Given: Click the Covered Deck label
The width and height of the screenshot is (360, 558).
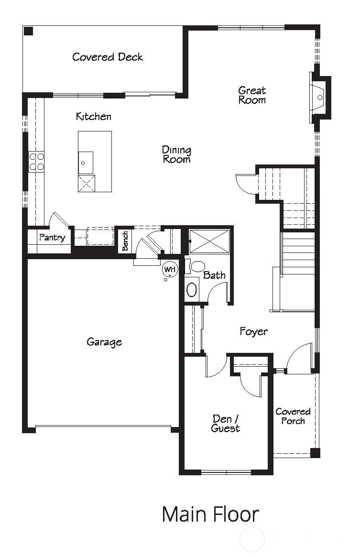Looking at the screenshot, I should click(x=108, y=57).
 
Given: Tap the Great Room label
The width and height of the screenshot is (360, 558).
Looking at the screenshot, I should click(x=252, y=95).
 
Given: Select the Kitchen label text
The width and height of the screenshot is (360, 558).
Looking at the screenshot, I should click(x=94, y=116).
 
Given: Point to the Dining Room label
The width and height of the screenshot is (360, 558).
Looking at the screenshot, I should click(x=176, y=154).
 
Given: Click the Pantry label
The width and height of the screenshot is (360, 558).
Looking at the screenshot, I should click(x=52, y=237).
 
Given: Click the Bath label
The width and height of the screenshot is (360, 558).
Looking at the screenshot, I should click(x=214, y=275).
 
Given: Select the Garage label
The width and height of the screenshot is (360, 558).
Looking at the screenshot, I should click(x=104, y=342).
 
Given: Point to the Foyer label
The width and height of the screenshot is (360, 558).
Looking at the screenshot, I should click(x=253, y=331).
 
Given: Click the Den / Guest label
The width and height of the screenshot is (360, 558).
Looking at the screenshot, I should click(x=225, y=424).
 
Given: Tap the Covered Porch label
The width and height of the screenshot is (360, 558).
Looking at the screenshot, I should click(x=293, y=416).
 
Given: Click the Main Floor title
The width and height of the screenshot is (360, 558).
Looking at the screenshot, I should click(x=210, y=514).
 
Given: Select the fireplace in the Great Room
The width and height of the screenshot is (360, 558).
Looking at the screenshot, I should click(x=319, y=98).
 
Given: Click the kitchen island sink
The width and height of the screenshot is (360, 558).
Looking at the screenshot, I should click(x=86, y=163).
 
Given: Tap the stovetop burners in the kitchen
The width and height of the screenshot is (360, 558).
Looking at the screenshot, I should click(x=36, y=162).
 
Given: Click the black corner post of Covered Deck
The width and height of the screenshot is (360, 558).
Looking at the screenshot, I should click(x=29, y=31).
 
